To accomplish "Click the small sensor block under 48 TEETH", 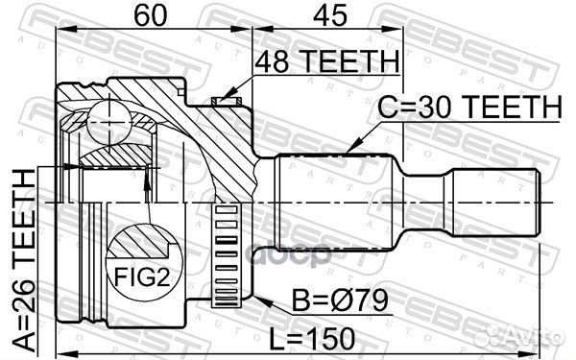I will [228, 97].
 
